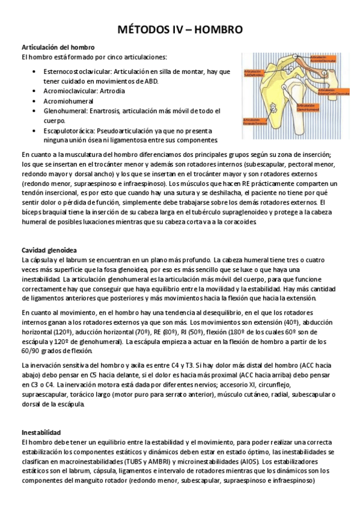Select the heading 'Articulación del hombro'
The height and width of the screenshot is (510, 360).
pos(58,47)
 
